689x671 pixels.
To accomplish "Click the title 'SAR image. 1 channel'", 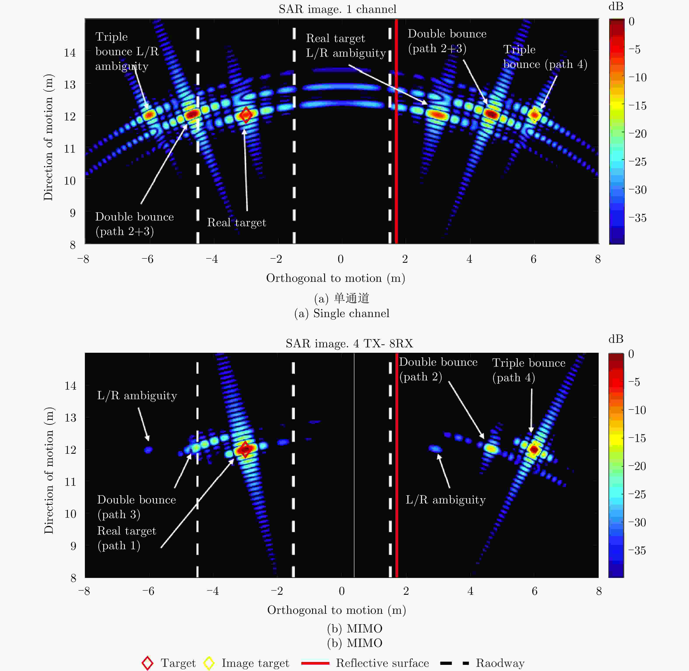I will click(x=337, y=9).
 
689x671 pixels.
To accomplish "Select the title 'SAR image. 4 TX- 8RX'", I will click(x=349, y=343).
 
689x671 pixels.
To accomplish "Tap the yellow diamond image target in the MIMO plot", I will click(x=534, y=450).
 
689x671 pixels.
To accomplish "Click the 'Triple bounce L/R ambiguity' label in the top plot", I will click(x=126, y=51).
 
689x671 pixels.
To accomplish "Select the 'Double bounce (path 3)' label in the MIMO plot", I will click(x=136, y=507).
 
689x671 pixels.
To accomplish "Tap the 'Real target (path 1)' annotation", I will click(x=126, y=538).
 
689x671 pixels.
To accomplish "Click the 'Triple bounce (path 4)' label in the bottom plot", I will click(x=528, y=370).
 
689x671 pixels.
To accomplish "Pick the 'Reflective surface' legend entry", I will click(x=382, y=663).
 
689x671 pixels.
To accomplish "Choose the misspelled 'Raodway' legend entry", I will click(x=500, y=663).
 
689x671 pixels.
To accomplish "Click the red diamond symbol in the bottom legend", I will click(x=147, y=663).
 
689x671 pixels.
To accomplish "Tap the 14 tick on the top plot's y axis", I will click(x=70, y=53).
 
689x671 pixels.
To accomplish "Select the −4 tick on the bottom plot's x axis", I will click(x=212, y=591).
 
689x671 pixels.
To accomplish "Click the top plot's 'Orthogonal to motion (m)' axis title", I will click(x=336, y=278).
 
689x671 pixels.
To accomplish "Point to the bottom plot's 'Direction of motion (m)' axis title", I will click(x=49, y=470).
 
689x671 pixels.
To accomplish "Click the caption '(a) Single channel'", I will click(x=341, y=313).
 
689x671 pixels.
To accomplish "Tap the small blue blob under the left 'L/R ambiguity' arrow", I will click(x=148, y=450).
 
